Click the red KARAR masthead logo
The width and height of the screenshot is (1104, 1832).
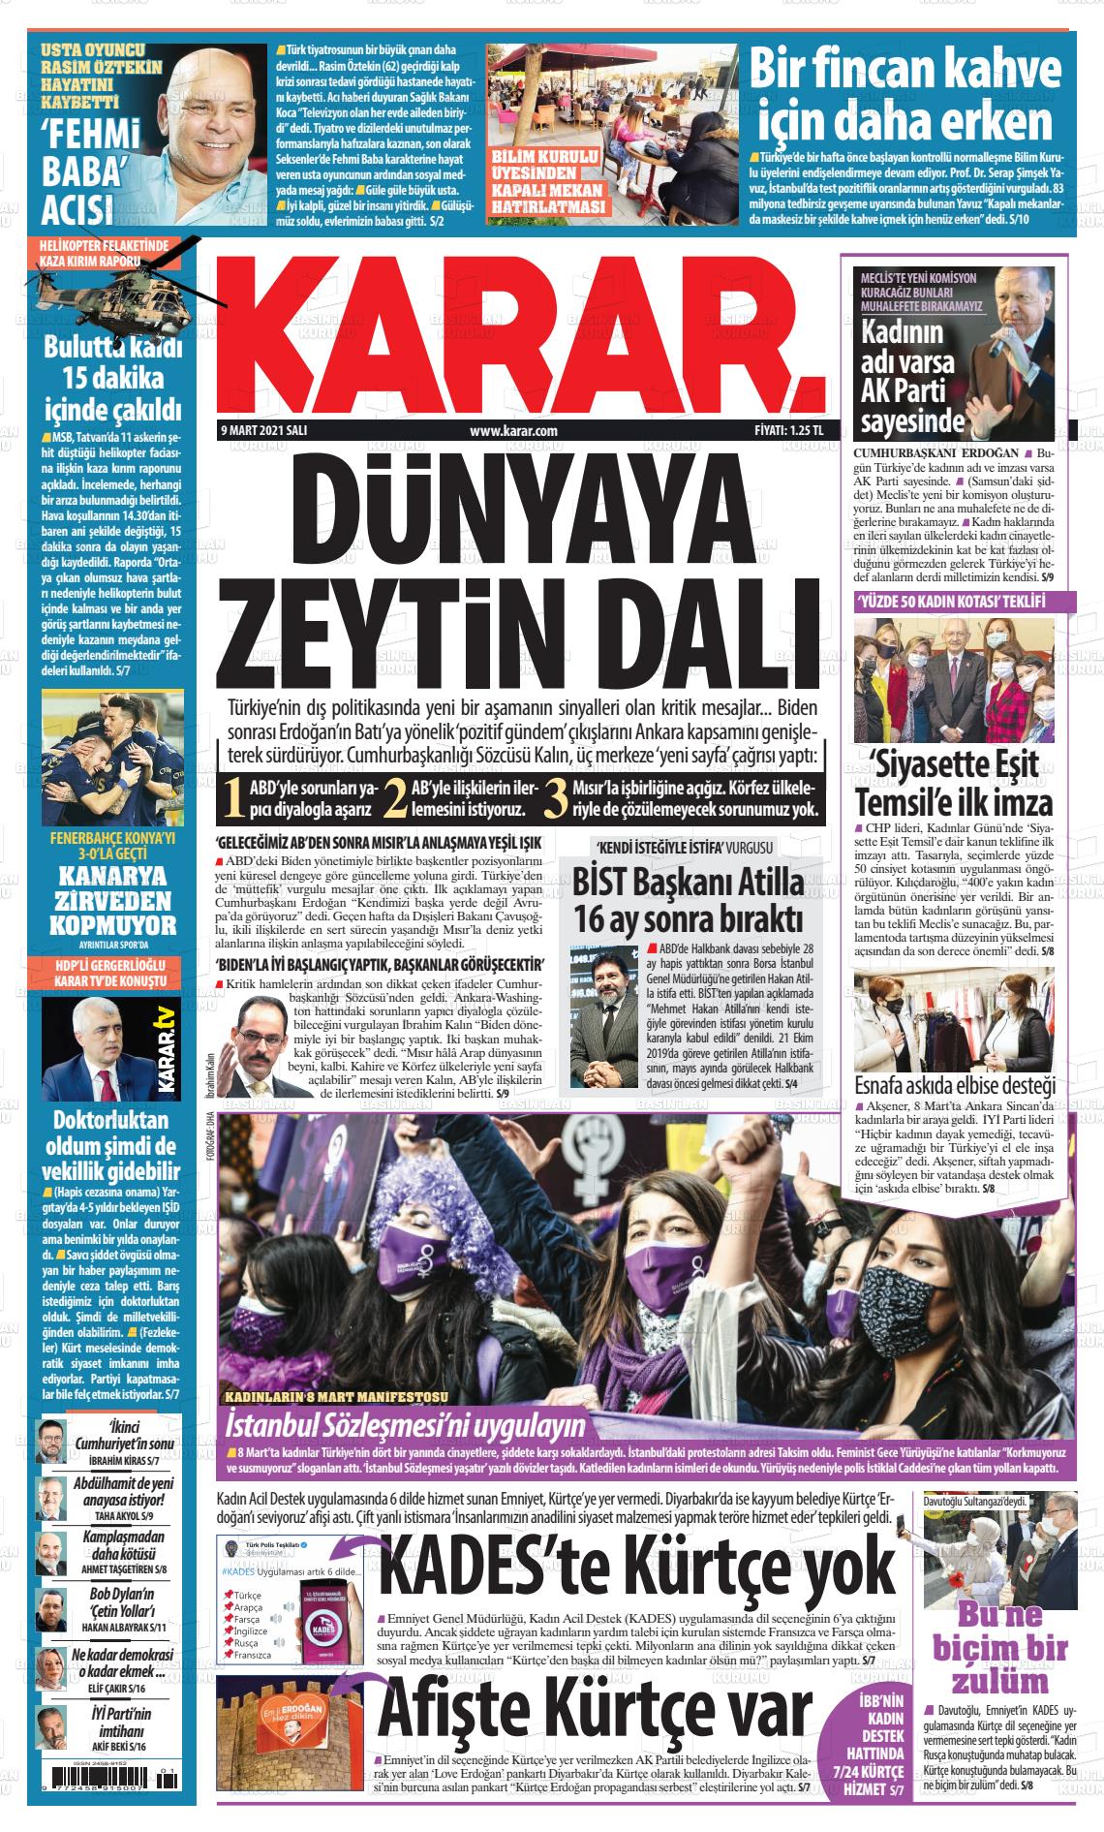click(x=524, y=335)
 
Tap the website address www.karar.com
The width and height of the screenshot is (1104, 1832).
click(x=512, y=431)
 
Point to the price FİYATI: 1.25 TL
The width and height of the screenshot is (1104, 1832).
click(x=788, y=431)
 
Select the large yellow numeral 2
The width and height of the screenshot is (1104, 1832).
click(x=394, y=796)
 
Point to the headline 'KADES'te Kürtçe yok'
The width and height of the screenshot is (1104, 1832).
click(x=638, y=1565)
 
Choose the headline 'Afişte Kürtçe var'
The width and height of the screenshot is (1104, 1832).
click(x=594, y=1709)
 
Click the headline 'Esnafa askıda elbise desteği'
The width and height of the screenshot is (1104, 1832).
click(x=955, y=1084)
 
